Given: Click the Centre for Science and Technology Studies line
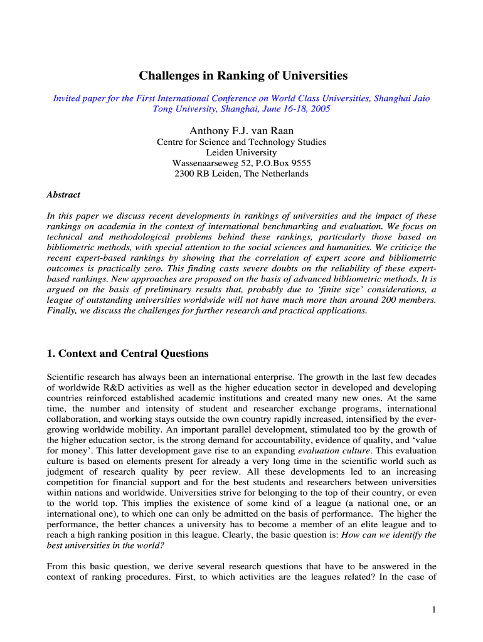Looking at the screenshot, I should click(x=241, y=142).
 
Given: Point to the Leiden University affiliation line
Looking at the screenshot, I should click(x=241, y=152).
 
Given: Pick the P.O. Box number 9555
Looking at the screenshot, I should click(x=299, y=163).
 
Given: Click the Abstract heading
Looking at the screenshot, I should click(x=63, y=194).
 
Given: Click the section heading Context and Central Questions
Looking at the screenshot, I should click(x=133, y=354).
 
